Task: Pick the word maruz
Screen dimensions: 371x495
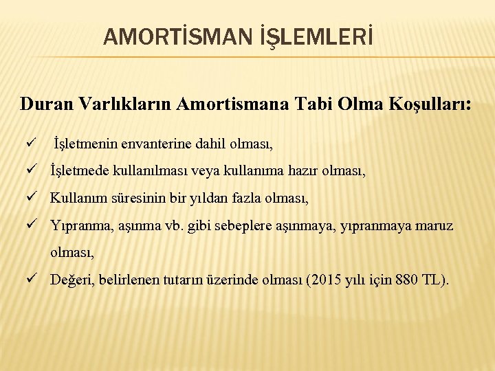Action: [434, 225]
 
